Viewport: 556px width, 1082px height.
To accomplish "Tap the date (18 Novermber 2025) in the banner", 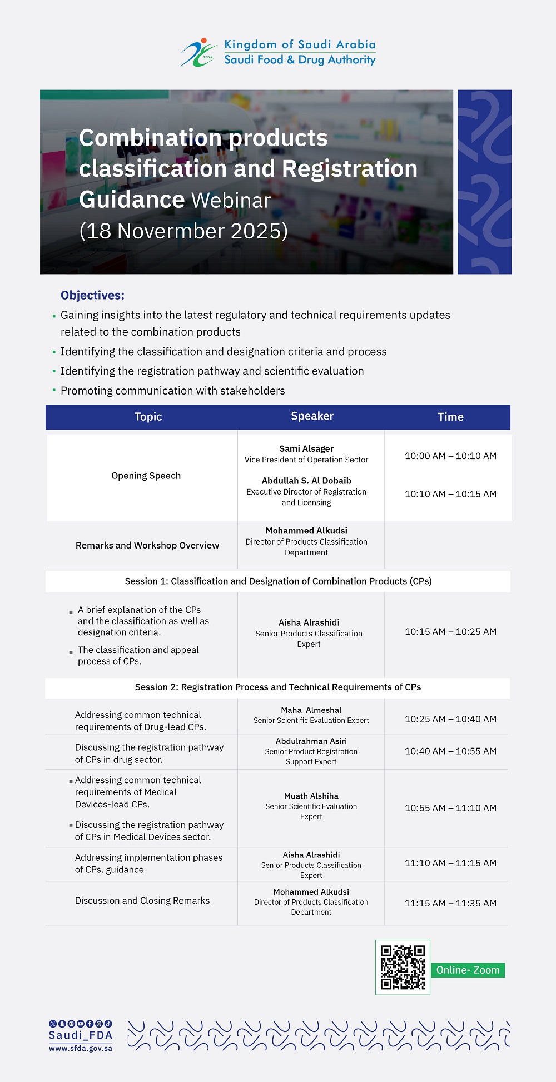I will click(183, 231).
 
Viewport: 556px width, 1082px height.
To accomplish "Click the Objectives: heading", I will click(92, 295).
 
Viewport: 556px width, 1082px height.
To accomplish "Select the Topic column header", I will click(148, 417).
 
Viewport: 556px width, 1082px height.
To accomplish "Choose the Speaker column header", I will click(312, 416).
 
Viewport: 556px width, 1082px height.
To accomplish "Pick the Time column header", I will click(450, 417).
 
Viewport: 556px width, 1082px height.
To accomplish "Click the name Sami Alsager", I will click(306, 448).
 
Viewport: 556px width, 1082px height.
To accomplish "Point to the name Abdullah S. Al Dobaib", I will click(306, 481).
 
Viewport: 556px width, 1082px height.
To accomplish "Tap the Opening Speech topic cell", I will click(146, 476).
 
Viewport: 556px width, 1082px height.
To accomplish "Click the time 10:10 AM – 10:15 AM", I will click(450, 494).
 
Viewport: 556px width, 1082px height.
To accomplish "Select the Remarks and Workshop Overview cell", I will click(147, 545).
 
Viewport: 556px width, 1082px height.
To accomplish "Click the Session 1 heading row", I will click(278, 581).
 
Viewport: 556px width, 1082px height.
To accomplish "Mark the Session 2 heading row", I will click(278, 687).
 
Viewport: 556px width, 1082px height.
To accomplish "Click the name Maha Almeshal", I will click(311, 710).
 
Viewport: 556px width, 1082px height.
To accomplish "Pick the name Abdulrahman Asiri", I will click(311, 741).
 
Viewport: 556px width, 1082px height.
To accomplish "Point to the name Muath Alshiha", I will click(311, 796).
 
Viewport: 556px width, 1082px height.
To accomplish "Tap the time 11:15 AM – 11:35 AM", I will click(450, 903).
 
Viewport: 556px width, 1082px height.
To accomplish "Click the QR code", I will click(403, 968).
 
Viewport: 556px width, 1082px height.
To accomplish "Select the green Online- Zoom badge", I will click(468, 970).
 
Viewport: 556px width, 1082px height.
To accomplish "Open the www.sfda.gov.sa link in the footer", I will click(81, 1048).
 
